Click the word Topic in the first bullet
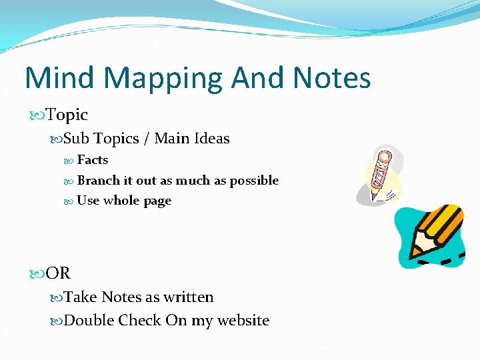click(67, 115)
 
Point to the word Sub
click(76, 139)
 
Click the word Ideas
click(212, 139)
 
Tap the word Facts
click(92, 160)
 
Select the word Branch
click(97, 181)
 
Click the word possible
click(254, 181)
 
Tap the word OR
click(59, 273)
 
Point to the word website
click(242, 321)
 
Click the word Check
click(140, 321)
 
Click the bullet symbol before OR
click(37, 273)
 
